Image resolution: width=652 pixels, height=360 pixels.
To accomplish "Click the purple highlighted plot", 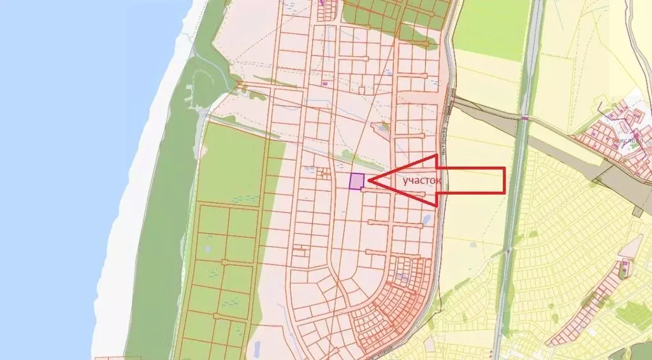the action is (x=356, y=181).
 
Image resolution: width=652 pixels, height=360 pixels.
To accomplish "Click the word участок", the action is (x=421, y=181).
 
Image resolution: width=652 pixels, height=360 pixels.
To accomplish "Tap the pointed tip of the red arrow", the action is (x=370, y=181).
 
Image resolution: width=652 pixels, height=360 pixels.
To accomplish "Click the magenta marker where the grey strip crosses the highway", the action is (x=525, y=118).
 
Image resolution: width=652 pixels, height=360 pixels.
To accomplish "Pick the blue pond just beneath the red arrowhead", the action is (x=426, y=219).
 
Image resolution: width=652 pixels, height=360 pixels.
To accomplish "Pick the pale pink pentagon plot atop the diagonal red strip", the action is (x=630, y=247).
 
